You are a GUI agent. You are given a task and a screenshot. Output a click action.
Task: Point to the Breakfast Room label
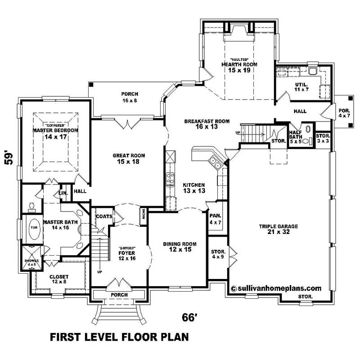(207, 124)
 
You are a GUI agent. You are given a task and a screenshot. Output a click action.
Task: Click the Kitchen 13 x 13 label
(194, 188)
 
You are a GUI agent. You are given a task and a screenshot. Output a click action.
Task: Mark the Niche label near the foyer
(143, 215)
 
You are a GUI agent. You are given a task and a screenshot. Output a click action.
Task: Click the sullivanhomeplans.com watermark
(276, 288)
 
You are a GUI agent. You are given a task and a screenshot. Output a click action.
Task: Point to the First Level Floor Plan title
(119, 337)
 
